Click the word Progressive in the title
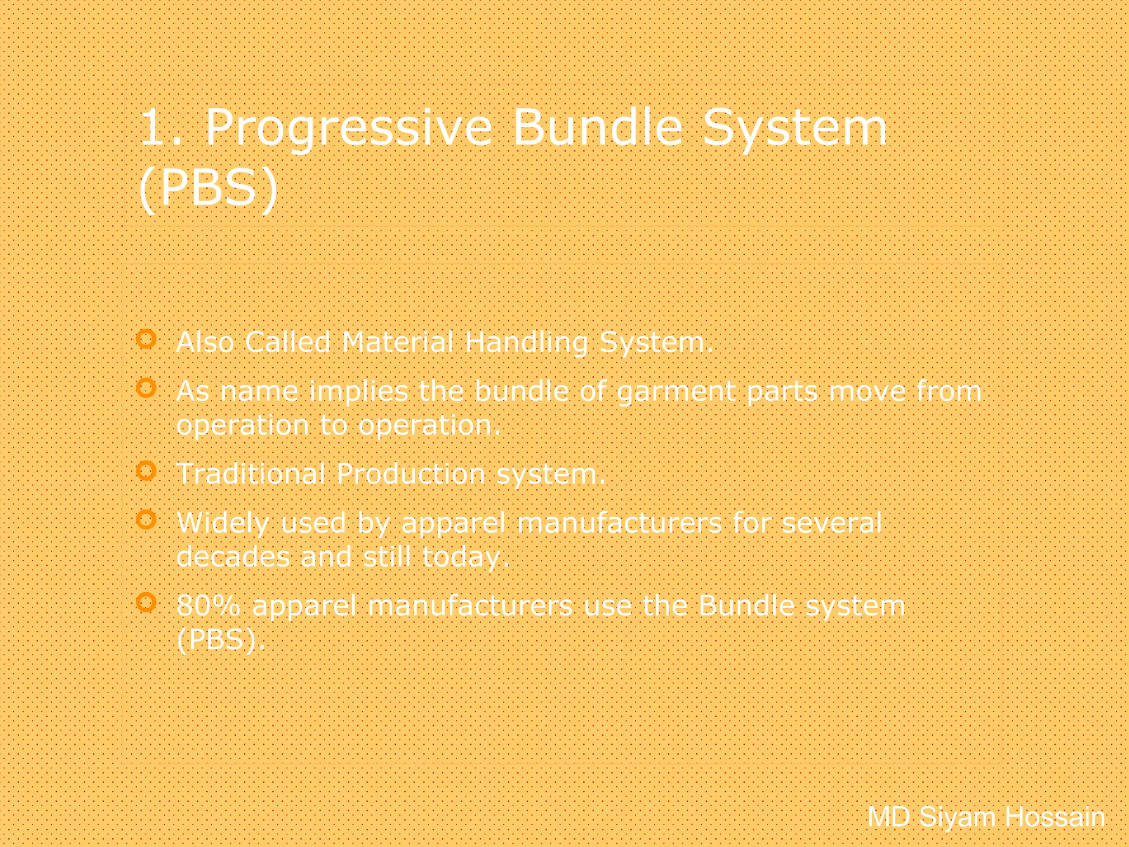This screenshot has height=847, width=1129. (348, 128)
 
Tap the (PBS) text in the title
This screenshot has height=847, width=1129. (208, 187)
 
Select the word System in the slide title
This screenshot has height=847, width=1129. (794, 128)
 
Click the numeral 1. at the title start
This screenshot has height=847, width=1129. (160, 128)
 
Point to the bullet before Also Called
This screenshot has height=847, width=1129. (146, 339)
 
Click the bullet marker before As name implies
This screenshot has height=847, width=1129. (146, 388)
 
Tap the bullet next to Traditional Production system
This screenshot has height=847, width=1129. (146, 471)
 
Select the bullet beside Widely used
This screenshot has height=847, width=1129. (146, 519)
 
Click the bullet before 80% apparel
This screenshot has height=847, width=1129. (146, 602)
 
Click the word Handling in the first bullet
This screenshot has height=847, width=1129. (526, 342)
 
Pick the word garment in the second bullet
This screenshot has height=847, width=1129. (676, 392)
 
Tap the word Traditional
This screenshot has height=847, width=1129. (251, 474)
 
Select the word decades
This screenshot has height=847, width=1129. (233, 557)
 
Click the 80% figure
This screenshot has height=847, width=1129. (208, 605)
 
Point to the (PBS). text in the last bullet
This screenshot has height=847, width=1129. (221, 640)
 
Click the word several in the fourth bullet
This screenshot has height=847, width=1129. (832, 523)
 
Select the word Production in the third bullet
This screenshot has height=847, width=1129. (411, 474)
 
